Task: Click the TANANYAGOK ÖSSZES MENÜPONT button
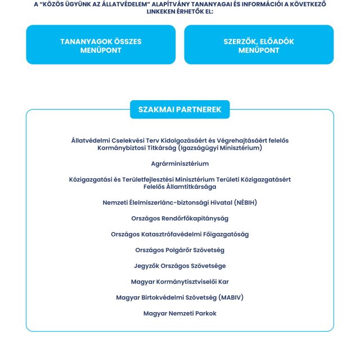coord(101,46)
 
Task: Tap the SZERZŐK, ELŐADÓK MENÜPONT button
coord(259,46)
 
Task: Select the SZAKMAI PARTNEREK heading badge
coord(180,109)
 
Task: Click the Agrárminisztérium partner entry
coord(180,164)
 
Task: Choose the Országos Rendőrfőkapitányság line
coord(180,218)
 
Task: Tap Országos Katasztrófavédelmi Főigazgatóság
coord(180,234)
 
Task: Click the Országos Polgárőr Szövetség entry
coord(180,250)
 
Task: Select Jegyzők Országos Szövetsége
coord(180,265)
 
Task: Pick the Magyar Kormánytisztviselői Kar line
coord(180,281)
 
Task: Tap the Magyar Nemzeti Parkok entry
coord(180,313)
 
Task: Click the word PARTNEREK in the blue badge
coord(201,109)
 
